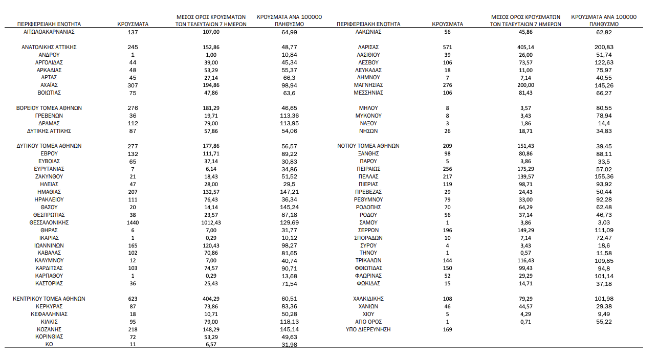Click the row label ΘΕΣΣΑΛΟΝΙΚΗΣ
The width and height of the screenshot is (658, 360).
tap(49, 222)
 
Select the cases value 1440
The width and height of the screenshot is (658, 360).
tap(133, 222)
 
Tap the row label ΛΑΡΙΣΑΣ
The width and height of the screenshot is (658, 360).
tap(368, 47)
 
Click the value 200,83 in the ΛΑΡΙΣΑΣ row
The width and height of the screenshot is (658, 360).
tap(604, 47)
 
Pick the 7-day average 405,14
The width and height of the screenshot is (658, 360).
tap(525, 47)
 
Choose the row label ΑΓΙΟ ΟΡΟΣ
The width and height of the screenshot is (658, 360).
tap(368, 322)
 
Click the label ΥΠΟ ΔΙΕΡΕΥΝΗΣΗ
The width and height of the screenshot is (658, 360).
tap(368, 329)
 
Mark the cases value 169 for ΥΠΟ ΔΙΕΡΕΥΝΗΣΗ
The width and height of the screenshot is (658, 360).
tap(447, 329)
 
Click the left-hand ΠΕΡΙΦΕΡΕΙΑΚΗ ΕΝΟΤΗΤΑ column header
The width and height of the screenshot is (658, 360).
tap(49, 24)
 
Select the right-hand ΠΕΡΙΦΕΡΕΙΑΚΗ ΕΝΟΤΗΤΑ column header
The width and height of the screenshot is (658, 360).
tap(368, 24)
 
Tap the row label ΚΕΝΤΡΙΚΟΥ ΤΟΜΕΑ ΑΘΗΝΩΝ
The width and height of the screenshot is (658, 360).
tap(49, 299)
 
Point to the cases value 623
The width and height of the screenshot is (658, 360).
tap(133, 299)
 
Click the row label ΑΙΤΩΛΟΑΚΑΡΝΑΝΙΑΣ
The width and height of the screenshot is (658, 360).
tap(49, 32)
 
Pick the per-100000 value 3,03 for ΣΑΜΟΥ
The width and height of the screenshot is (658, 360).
tap(604, 222)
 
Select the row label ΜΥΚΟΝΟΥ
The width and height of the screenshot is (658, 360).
tap(368, 116)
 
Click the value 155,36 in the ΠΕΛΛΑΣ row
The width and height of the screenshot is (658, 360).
tap(604, 176)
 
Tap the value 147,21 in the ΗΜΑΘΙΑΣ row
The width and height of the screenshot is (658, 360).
tap(290, 192)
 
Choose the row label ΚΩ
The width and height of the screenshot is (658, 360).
tap(49, 345)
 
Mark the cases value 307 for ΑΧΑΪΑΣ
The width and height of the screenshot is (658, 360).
tap(133, 85)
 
